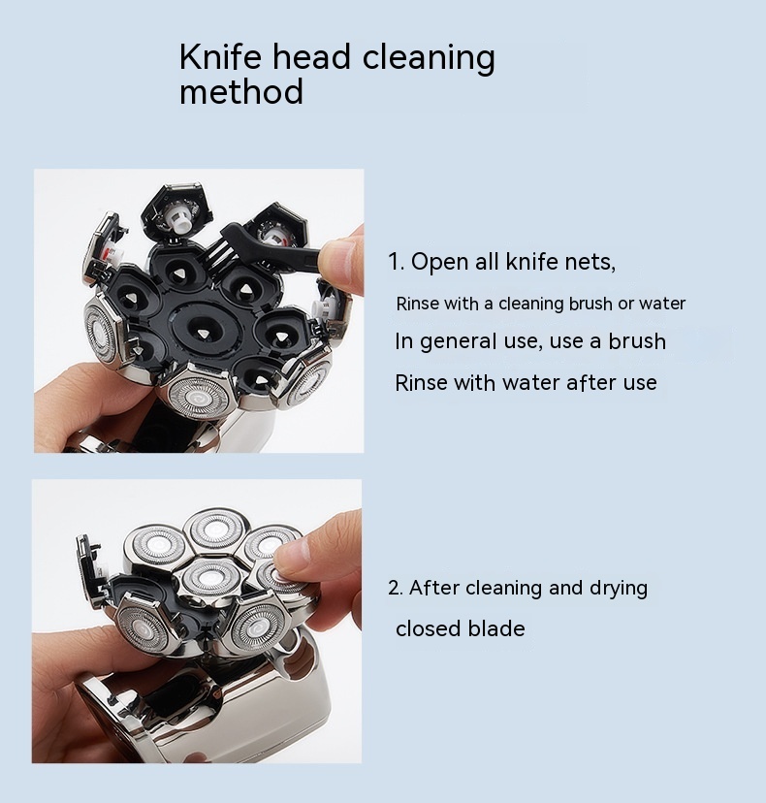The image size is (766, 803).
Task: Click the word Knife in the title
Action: (220, 56)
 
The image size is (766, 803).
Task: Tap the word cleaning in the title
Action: (430, 58)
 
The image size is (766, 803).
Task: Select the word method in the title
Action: (241, 91)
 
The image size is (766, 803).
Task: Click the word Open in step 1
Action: (440, 262)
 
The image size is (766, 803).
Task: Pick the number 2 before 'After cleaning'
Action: (395, 588)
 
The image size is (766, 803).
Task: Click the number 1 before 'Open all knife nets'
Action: (394, 262)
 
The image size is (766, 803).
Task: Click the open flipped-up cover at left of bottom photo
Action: (92, 574)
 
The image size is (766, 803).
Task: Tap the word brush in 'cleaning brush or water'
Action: (590, 304)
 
